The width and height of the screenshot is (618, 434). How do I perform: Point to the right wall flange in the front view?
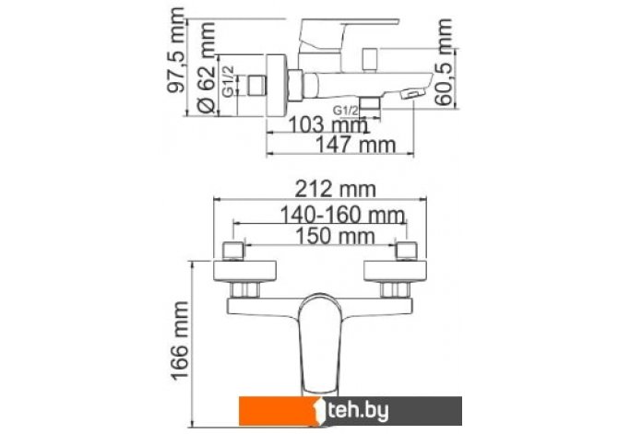point(399,271)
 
